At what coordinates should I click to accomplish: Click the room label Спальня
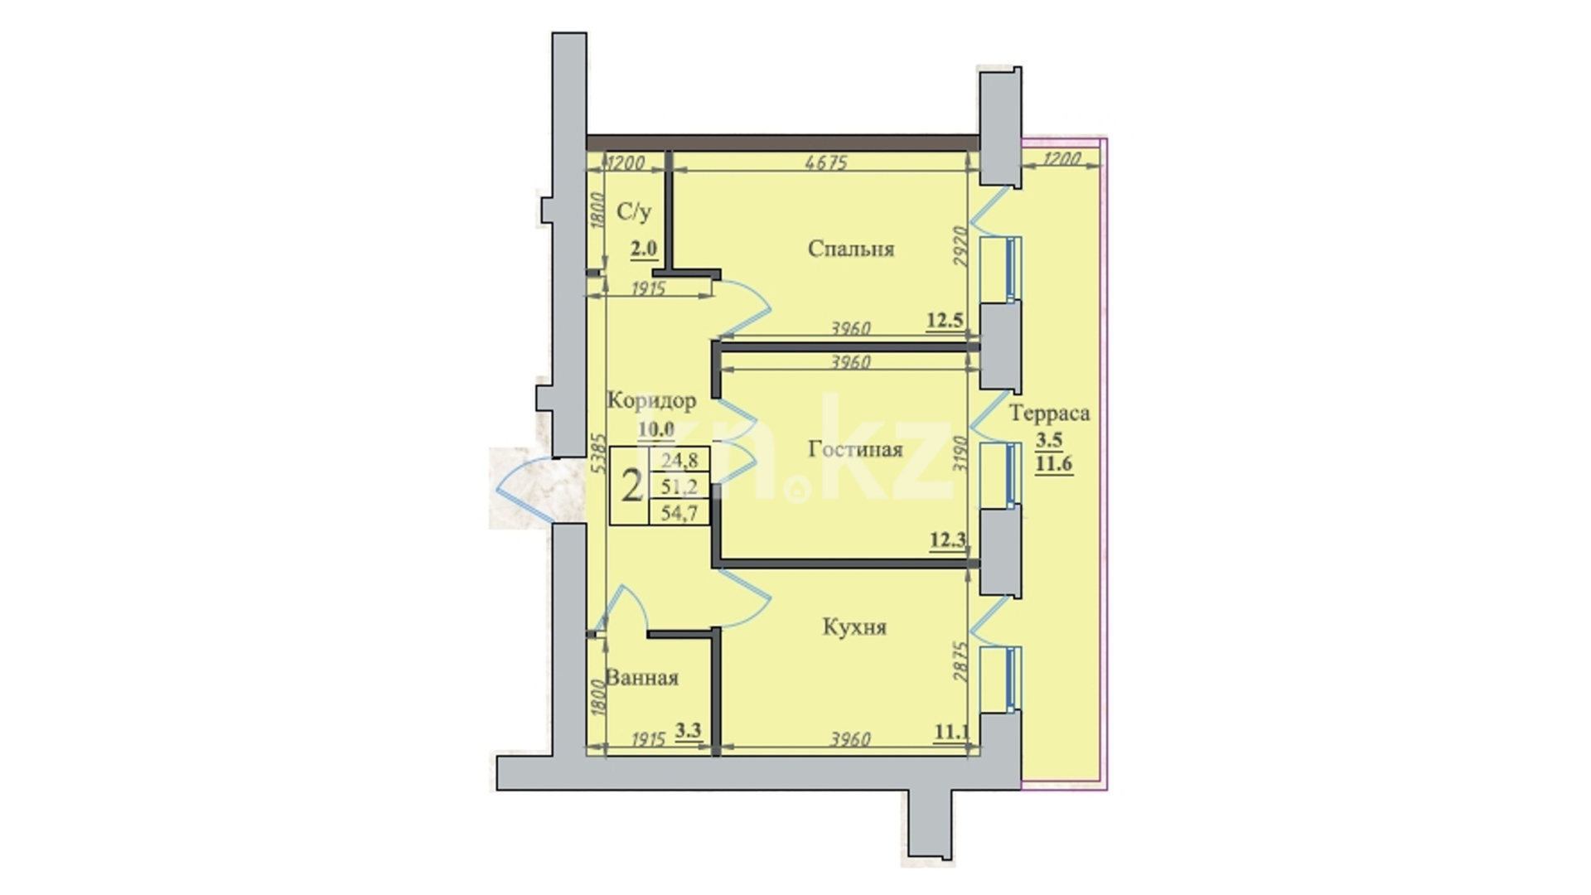point(851,249)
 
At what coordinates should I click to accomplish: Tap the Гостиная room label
point(855,449)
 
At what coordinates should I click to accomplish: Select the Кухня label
point(854,627)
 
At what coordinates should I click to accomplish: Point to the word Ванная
point(642,678)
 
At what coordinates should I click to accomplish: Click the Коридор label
point(651,401)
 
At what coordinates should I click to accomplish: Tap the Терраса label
point(1049,413)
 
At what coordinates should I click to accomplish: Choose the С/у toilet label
point(634,212)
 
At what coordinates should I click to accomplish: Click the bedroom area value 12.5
point(945,320)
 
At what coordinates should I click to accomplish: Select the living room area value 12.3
point(947,541)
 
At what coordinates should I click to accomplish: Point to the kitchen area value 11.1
point(951,732)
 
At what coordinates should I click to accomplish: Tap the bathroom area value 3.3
point(689,730)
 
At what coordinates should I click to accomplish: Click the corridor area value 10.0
point(656,429)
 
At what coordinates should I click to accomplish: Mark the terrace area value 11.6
point(1053,464)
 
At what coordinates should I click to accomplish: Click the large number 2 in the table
point(631,486)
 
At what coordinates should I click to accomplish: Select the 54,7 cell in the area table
point(679,514)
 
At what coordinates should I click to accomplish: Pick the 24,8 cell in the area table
point(679,460)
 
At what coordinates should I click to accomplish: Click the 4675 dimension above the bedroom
point(826,162)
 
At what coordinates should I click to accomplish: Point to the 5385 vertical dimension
point(597,452)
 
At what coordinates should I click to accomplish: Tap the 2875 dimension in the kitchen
point(960,661)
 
